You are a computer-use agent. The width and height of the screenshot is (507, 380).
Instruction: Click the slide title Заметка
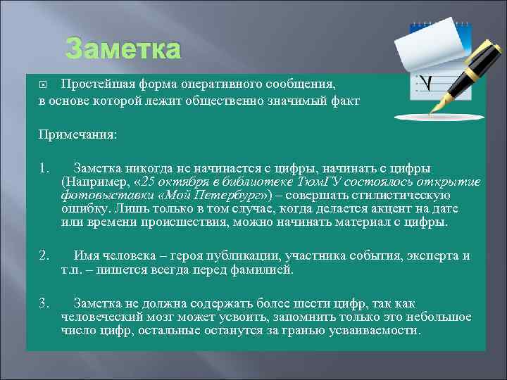(123, 50)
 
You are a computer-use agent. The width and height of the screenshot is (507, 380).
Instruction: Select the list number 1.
(44, 168)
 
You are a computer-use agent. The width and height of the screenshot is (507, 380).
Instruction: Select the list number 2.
(44, 255)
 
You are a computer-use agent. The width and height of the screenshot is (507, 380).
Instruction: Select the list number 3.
(44, 303)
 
